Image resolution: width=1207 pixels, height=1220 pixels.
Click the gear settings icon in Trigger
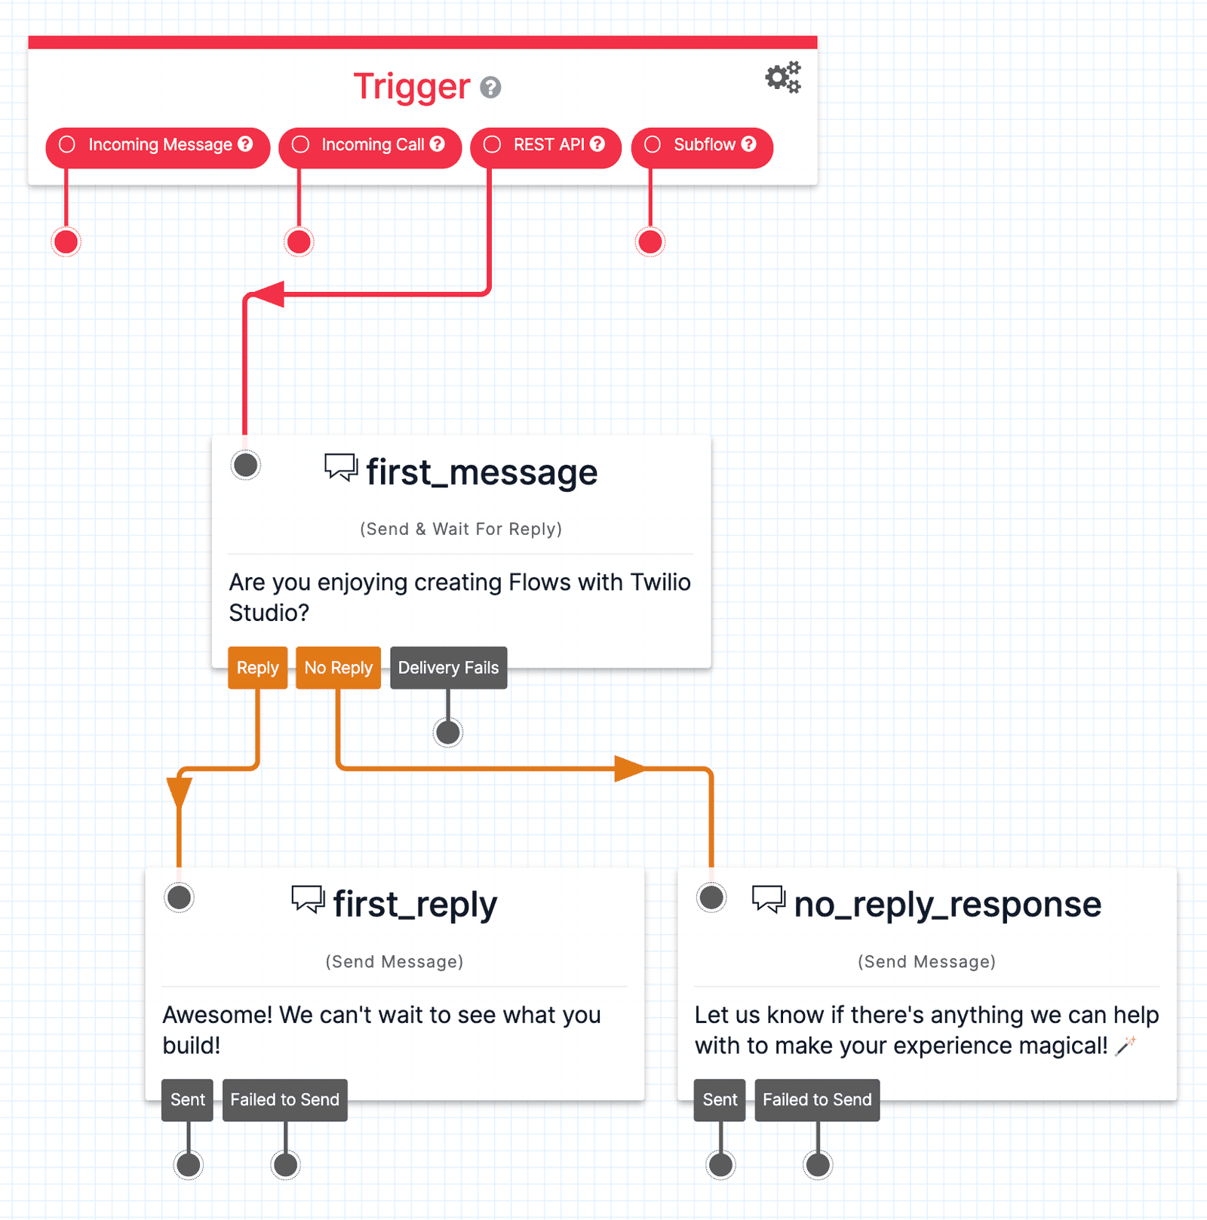[783, 77]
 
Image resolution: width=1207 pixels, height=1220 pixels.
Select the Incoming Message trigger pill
[158, 146]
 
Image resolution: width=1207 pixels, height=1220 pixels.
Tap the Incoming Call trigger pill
[370, 146]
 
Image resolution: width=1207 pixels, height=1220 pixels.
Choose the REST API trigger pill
[545, 146]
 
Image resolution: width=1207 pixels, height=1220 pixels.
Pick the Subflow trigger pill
[702, 146]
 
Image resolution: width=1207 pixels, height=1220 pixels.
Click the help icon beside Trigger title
[490, 88]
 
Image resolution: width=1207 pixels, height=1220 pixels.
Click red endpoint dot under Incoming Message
[66, 242]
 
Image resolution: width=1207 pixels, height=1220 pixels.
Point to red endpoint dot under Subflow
[650, 242]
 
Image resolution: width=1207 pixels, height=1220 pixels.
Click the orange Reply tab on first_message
[257, 668]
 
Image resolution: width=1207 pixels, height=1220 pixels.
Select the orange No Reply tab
[338, 668]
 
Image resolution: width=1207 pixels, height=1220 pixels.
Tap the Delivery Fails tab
[448, 668]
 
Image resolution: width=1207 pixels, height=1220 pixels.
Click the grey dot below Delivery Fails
[448, 732]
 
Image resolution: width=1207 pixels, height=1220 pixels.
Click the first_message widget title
[481, 473]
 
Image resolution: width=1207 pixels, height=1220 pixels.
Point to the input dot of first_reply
[180, 897]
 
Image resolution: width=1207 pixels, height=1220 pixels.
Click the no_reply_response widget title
[947, 905]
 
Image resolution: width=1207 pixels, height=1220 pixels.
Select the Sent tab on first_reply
[188, 1100]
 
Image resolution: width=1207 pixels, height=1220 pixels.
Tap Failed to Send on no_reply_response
[817, 1100]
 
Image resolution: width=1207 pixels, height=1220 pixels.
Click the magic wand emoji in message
[1126, 1046]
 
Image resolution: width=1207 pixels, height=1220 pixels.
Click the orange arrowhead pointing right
[630, 769]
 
